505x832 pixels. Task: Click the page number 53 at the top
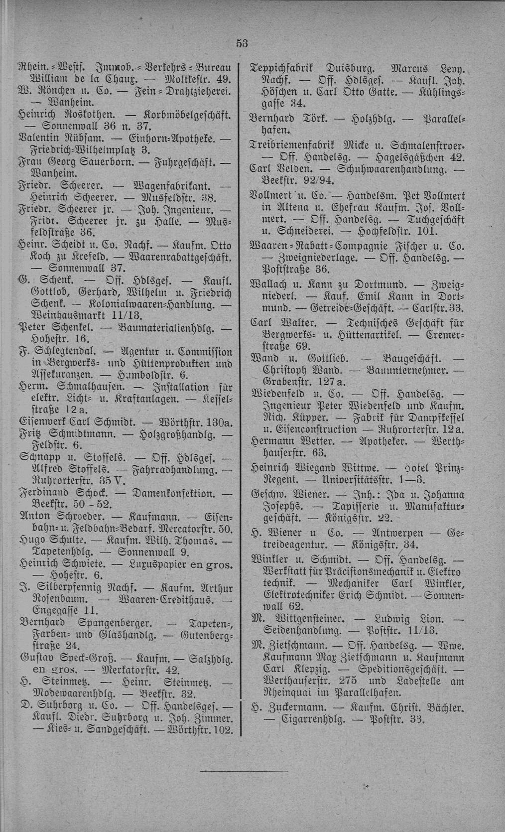point(242,43)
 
